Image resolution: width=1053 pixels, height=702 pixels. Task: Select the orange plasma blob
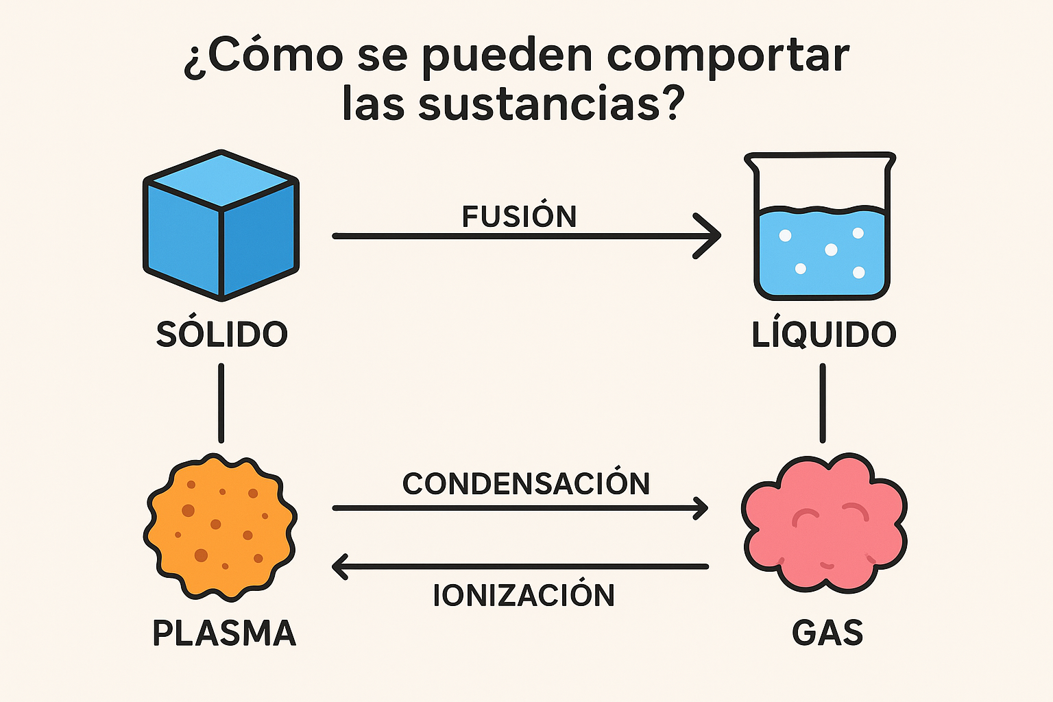[x=220, y=526]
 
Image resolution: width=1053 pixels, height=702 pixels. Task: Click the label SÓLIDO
[x=221, y=335]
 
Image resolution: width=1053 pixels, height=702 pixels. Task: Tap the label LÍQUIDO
[x=824, y=335]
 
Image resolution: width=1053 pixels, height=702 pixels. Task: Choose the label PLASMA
[x=224, y=633]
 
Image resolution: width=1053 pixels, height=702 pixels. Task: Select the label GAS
[x=827, y=633]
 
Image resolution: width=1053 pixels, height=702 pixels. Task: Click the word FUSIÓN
[x=519, y=217]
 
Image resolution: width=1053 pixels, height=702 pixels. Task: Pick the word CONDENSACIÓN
[x=526, y=484]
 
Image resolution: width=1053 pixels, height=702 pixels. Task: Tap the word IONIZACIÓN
[x=524, y=595]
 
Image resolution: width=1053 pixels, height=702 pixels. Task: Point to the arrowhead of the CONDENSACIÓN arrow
[x=702, y=508]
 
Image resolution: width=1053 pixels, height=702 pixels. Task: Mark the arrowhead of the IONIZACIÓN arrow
[x=339, y=567]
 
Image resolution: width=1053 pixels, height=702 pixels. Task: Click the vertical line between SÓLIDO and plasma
[x=221, y=403]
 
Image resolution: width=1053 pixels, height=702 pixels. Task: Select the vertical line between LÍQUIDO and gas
[x=823, y=403]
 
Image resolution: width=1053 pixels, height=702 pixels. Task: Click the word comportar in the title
[x=728, y=56]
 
